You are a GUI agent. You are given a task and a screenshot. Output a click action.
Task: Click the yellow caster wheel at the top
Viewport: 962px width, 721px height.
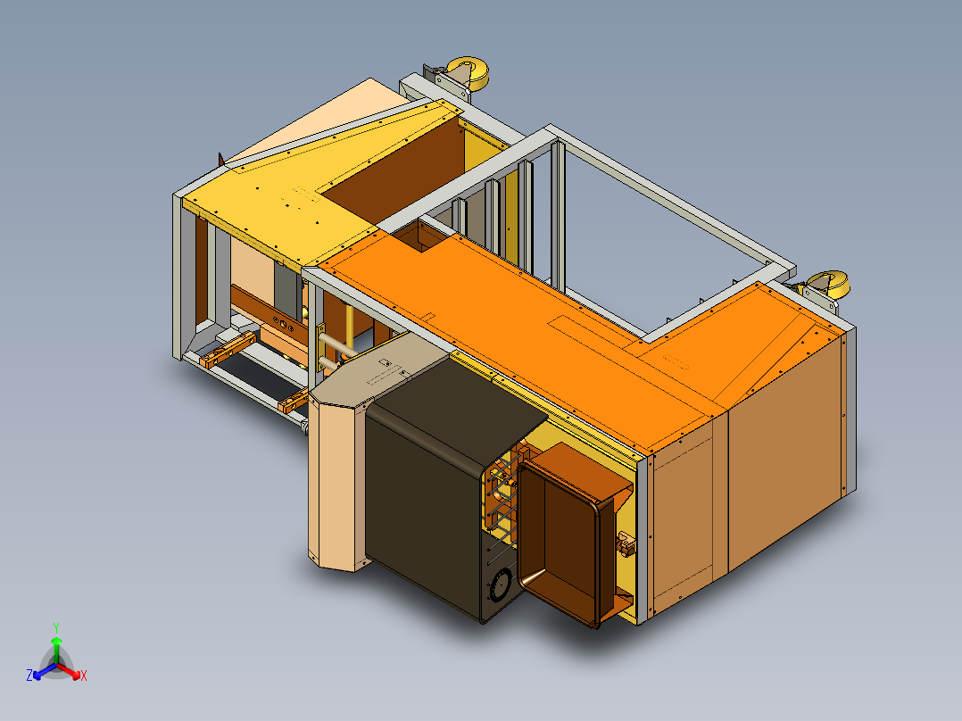[468, 72]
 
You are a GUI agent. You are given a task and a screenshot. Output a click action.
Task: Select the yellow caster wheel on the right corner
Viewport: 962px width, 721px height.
[828, 284]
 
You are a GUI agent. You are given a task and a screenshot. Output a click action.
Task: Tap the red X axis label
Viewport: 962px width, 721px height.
[84, 675]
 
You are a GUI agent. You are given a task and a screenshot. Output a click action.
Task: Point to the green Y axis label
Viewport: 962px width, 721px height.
[56, 627]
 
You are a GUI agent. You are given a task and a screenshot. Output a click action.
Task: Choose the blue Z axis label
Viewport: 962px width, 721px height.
[29, 675]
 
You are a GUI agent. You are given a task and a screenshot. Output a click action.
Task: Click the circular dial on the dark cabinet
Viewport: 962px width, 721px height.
[501, 584]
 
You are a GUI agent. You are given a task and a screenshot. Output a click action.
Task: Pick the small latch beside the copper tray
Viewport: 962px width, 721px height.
[626, 544]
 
